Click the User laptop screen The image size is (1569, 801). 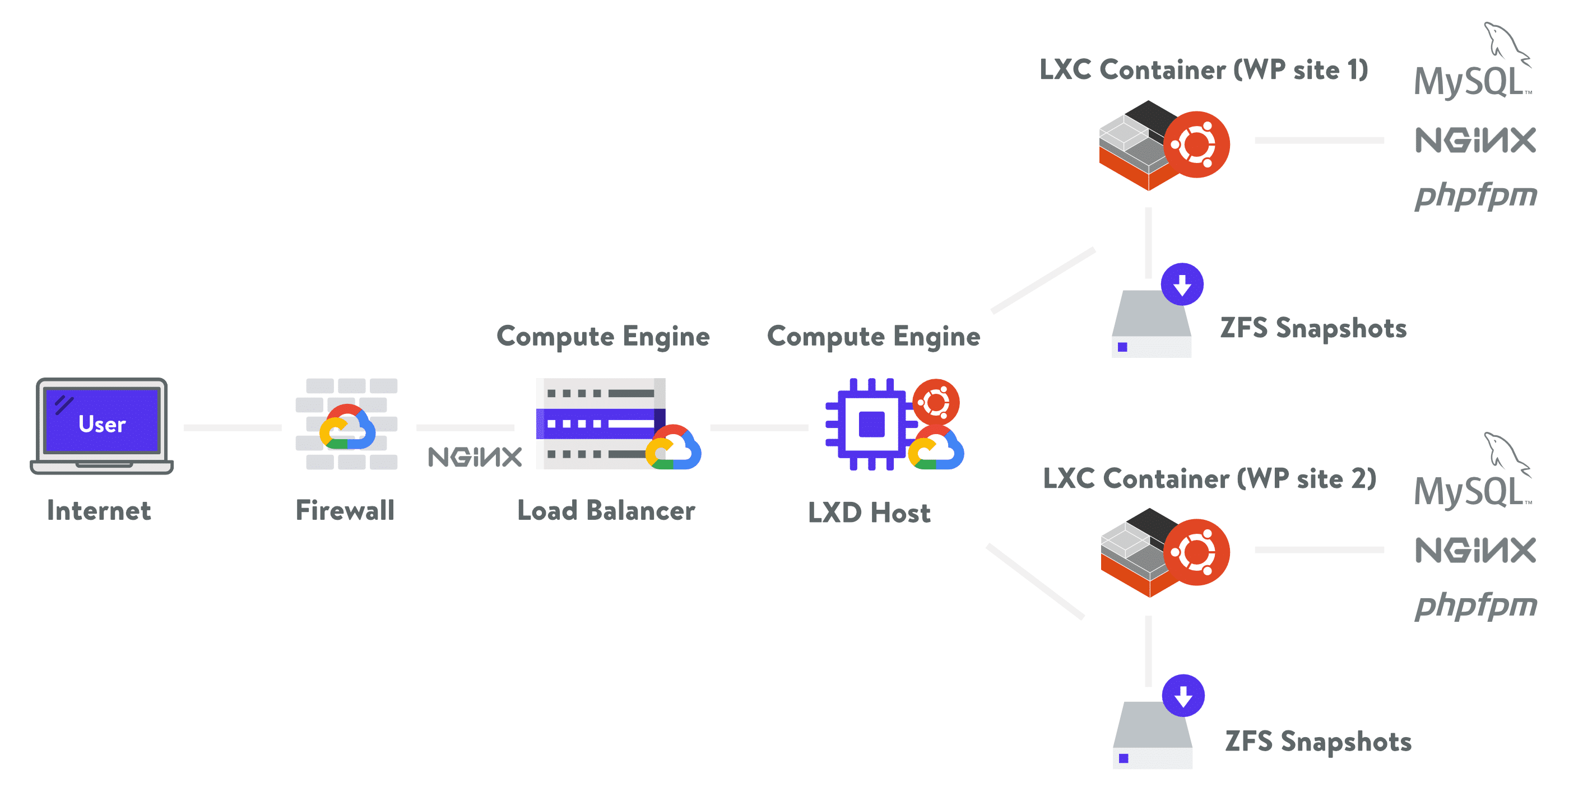pyautogui.click(x=102, y=421)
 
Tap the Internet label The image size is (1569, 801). pyautogui.click(x=99, y=511)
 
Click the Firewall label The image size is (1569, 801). pyautogui.click(x=345, y=511)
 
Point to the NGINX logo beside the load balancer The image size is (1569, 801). pyautogui.click(x=475, y=457)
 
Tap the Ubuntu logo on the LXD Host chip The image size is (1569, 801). pyautogui.click(x=936, y=402)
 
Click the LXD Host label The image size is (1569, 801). pyautogui.click(x=869, y=513)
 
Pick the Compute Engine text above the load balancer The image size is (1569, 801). pyautogui.click(x=603, y=337)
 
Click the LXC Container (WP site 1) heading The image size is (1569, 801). pyautogui.click(x=1204, y=70)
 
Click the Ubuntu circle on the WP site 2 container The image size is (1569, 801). pyautogui.click(x=1196, y=552)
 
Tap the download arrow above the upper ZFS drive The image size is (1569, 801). pyautogui.click(x=1182, y=284)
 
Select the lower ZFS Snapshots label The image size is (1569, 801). pyautogui.click(x=1317, y=742)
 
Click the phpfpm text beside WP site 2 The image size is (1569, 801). pyautogui.click(x=1475, y=606)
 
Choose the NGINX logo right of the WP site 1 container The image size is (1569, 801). pyautogui.click(x=1475, y=141)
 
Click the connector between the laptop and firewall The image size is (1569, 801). pyautogui.click(x=233, y=428)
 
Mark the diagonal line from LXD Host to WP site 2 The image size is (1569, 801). pyautogui.click(x=1036, y=581)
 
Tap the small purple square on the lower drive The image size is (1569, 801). pyautogui.click(x=1124, y=758)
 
